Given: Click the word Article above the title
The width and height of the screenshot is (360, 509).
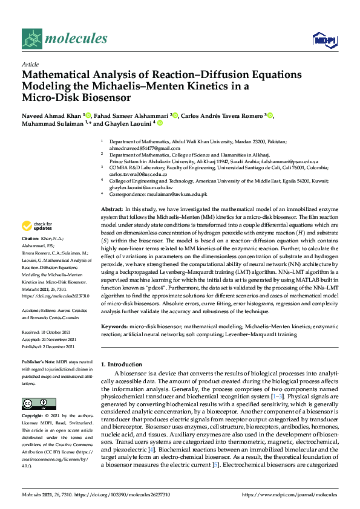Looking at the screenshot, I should [30, 64].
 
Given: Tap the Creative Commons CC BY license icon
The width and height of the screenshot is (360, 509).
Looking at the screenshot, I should [36, 403].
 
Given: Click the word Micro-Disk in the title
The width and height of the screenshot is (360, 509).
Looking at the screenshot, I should [50, 97].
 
